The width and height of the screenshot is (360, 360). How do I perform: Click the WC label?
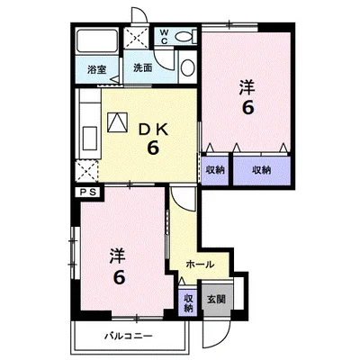[164, 36]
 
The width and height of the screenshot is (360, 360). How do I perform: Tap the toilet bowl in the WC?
[184, 37]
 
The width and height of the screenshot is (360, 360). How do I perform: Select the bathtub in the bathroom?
[97, 40]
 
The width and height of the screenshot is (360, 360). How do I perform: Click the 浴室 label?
[97, 70]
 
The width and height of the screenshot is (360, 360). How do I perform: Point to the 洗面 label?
[143, 68]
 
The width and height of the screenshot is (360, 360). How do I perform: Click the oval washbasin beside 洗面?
[188, 67]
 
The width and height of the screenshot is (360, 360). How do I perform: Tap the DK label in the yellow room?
[152, 130]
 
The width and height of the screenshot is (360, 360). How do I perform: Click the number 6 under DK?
[153, 148]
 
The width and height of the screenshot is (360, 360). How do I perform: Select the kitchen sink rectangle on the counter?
[90, 138]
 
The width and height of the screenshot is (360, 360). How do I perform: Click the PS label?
[89, 192]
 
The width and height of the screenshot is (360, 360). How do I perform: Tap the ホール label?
[200, 265]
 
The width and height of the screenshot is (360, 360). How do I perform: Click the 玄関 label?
[217, 299]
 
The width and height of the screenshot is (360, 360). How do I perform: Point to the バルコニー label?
[129, 336]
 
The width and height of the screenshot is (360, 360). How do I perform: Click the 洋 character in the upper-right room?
[247, 87]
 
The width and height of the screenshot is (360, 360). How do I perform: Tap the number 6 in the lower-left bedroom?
[119, 277]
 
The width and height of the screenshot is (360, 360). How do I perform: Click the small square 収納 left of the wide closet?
[215, 170]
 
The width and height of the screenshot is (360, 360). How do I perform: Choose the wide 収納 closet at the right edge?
[262, 170]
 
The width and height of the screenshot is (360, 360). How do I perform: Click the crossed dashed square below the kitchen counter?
[86, 171]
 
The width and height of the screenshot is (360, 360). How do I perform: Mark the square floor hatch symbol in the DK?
[118, 122]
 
